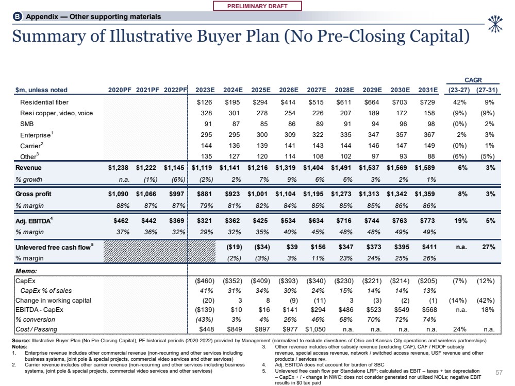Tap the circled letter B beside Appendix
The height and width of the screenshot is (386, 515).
(x=17, y=16)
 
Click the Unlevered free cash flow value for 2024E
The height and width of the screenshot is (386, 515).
(x=235, y=247)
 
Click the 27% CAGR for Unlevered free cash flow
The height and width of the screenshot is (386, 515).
(x=489, y=247)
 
